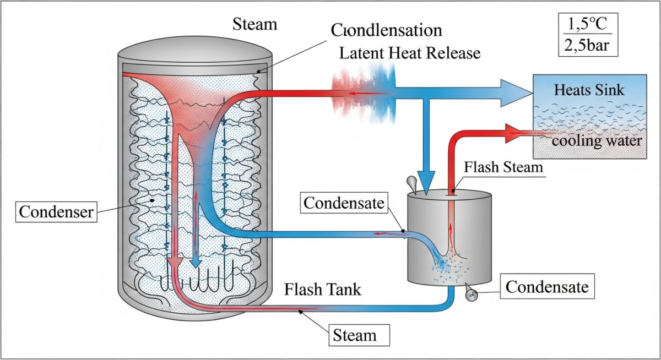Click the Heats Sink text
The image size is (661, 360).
tap(589, 89)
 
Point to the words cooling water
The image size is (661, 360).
tap(596, 141)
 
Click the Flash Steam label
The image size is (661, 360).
tap(503, 166)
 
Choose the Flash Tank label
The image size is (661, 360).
tap(323, 290)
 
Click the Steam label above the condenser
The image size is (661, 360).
tap(255, 25)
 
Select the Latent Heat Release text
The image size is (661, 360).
tap(410, 53)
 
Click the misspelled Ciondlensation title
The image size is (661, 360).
tap(387, 30)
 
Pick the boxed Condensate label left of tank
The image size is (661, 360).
tap(343, 203)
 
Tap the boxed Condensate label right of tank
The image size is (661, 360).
tap(547, 287)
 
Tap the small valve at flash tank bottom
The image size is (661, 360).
tap(471, 295)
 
